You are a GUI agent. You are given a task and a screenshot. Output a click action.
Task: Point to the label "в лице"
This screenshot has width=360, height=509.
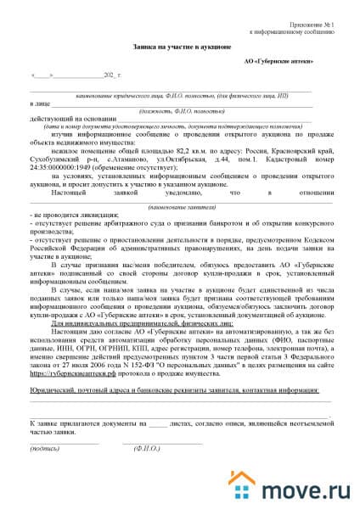pos(38,103)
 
